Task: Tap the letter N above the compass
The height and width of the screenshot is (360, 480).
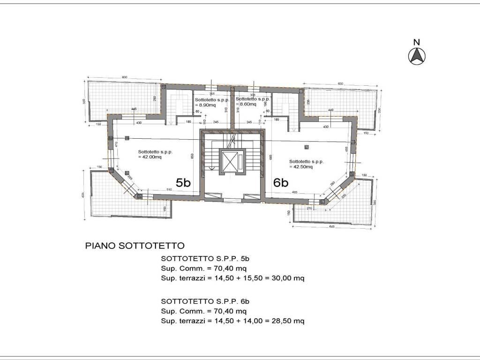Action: (x=416, y=42)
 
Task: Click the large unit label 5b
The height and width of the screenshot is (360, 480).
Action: (x=183, y=182)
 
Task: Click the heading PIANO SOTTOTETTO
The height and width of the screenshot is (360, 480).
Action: (x=135, y=246)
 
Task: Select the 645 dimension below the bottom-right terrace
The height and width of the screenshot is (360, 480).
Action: (x=332, y=226)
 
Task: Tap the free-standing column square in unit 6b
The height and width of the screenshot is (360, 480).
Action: (x=307, y=147)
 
